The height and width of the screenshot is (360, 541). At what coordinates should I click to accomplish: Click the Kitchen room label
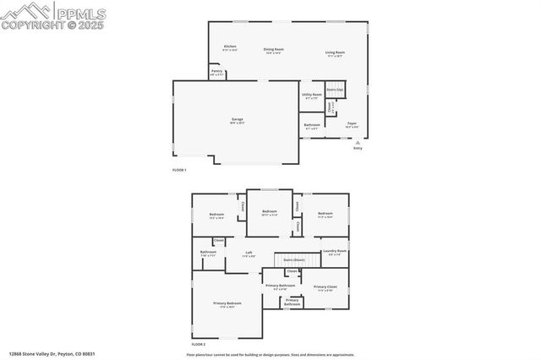[230, 47]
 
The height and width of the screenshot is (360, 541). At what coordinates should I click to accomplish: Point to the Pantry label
[216, 72]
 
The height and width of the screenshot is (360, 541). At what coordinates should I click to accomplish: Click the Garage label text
[238, 121]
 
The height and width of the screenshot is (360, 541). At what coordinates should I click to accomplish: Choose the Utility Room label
[311, 95]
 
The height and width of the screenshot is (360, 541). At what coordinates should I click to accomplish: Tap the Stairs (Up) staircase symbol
[336, 89]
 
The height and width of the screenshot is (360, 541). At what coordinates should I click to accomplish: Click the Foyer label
[352, 124]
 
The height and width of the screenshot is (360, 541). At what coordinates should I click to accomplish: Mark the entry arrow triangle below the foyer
[357, 142]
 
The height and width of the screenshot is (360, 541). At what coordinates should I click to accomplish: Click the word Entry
[357, 149]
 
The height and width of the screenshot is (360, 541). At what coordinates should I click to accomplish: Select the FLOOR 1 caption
[178, 170]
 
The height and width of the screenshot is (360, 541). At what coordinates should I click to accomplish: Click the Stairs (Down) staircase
[295, 259]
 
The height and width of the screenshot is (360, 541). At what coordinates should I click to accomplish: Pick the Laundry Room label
[335, 252]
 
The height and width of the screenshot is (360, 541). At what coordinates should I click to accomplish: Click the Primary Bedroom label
[227, 304]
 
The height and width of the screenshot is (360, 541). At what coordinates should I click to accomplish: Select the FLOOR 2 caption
[198, 345]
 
